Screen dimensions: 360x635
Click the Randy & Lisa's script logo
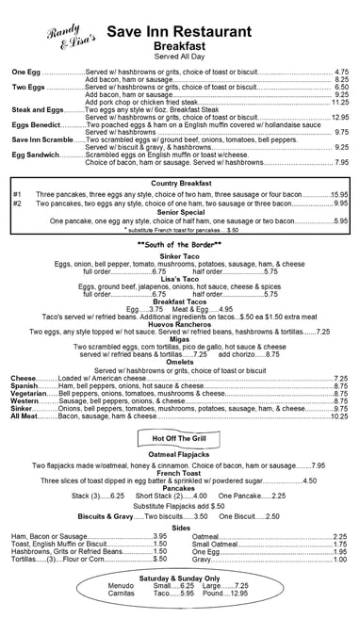69,36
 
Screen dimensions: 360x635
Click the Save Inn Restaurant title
198,31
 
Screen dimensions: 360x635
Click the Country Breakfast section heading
179,183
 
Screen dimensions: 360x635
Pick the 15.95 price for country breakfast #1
339,193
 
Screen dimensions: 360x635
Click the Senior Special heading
179,212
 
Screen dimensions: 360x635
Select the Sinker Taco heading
179,256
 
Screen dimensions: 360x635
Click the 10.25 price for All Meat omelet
339,415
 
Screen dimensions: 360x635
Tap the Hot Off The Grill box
179,438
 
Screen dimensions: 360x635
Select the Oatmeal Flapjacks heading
179,455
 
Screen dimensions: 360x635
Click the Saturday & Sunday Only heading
179,577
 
